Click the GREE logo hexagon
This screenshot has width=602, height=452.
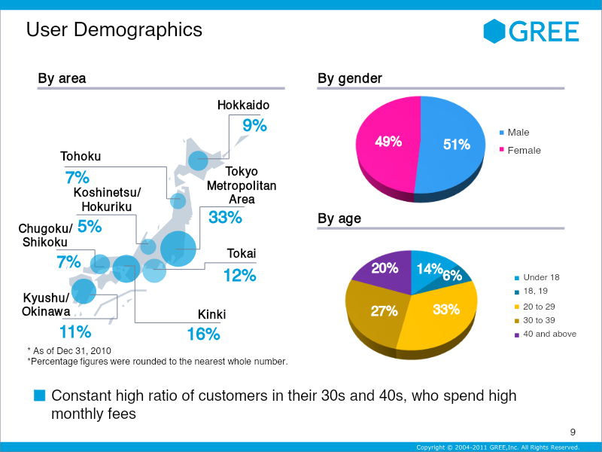click(x=494, y=31)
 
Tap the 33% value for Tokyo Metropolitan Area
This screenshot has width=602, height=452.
click(x=225, y=218)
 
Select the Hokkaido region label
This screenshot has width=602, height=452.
click(x=243, y=105)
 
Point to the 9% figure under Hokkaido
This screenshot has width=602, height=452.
click(x=254, y=126)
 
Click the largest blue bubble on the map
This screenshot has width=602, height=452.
click(x=178, y=249)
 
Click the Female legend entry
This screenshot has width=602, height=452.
click(x=520, y=150)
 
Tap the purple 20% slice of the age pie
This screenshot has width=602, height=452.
click(x=384, y=271)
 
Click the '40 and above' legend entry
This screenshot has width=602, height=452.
click(x=546, y=334)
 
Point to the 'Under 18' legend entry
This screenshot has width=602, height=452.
click(x=537, y=277)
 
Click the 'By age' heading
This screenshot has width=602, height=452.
click(x=339, y=218)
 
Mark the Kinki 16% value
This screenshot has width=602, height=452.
click(x=203, y=334)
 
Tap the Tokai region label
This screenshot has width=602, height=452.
click(x=242, y=253)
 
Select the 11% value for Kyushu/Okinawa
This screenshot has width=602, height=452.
click(x=75, y=331)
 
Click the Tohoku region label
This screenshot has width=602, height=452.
click(x=81, y=157)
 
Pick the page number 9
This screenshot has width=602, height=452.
click(x=573, y=432)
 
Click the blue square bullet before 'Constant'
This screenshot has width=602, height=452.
click(x=40, y=395)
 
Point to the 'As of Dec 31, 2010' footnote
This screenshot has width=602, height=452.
click(x=69, y=351)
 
